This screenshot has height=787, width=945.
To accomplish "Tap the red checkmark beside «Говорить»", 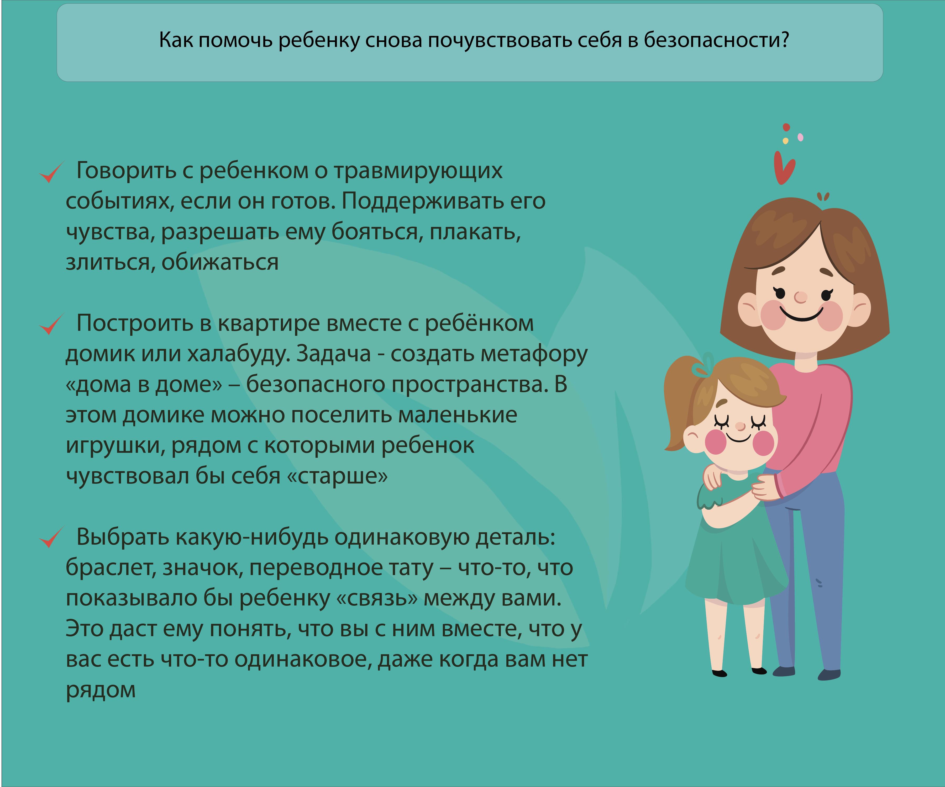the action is click(51, 172).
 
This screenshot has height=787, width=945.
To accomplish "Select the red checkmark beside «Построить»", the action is click(51, 325).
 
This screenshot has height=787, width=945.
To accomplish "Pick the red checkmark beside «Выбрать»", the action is click(51, 538).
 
